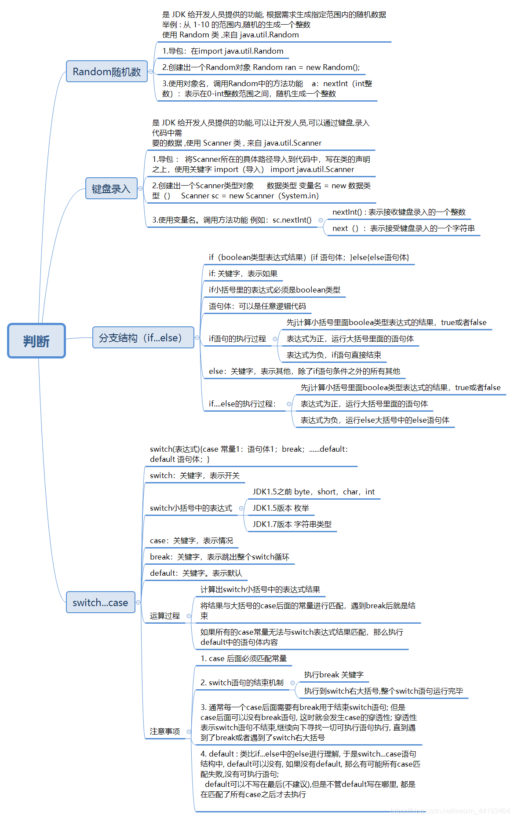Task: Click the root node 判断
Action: pyautogui.click(x=36, y=341)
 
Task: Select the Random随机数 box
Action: pyautogui.click(x=107, y=72)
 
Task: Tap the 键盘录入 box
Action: pyautogui.click(x=111, y=189)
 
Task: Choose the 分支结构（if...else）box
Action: pyautogui.click(x=143, y=338)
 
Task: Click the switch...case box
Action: pyautogui.click(x=100, y=603)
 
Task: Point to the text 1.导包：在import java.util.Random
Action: pyautogui.click(x=222, y=51)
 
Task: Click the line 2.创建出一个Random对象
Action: pyautogui.click(x=261, y=67)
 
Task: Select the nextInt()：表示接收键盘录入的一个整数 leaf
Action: pyautogui.click(x=399, y=212)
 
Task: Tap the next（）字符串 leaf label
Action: pyautogui.click(x=403, y=228)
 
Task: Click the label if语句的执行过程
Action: pyautogui.click(x=237, y=339)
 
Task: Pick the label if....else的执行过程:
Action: pyautogui.click(x=242, y=404)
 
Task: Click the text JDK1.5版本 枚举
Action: pyautogui.click(x=281, y=508)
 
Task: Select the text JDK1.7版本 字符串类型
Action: pyautogui.click(x=292, y=524)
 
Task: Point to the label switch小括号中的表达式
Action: pyautogui.click(x=191, y=508)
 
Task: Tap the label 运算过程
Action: pyautogui.click(x=164, y=616)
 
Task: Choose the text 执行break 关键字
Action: pyautogui.click(x=334, y=675)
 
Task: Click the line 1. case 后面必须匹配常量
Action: pyautogui.click(x=244, y=658)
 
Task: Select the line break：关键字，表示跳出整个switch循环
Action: pyautogui.click(x=219, y=557)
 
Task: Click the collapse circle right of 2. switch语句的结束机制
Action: pyautogui.click(x=292, y=683)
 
